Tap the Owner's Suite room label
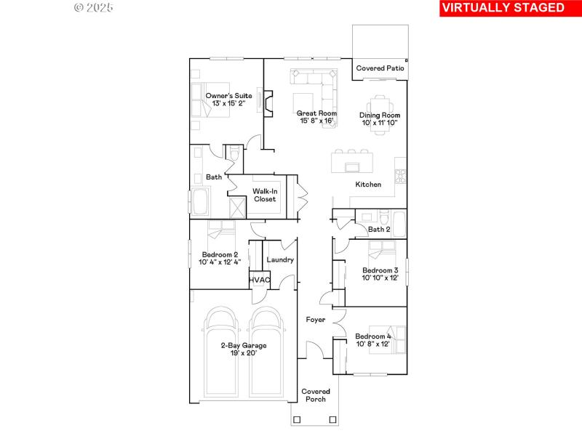(228, 96)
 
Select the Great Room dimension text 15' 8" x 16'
(316, 121)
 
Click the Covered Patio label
(380, 68)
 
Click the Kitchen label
(368, 185)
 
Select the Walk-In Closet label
(264, 195)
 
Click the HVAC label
(260, 280)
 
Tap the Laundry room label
(280, 259)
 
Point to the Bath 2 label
(379, 230)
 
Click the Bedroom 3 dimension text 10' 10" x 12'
(380, 278)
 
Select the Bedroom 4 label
(372, 336)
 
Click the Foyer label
(316, 319)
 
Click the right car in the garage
(266, 352)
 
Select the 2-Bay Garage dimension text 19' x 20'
(243, 353)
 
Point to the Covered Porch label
(316, 395)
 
